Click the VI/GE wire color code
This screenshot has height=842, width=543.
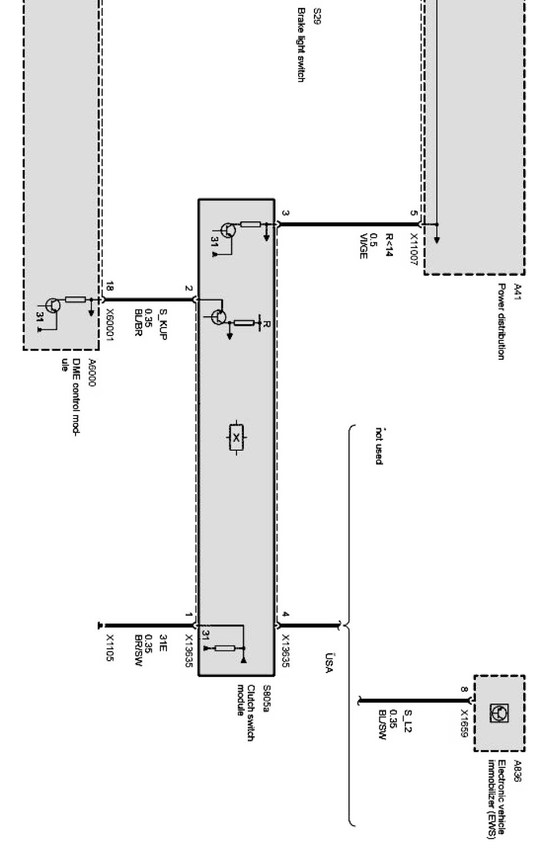[364, 246]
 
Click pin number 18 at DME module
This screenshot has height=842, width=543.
[110, 286]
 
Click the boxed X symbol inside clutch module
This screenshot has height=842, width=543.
[236, 437]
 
